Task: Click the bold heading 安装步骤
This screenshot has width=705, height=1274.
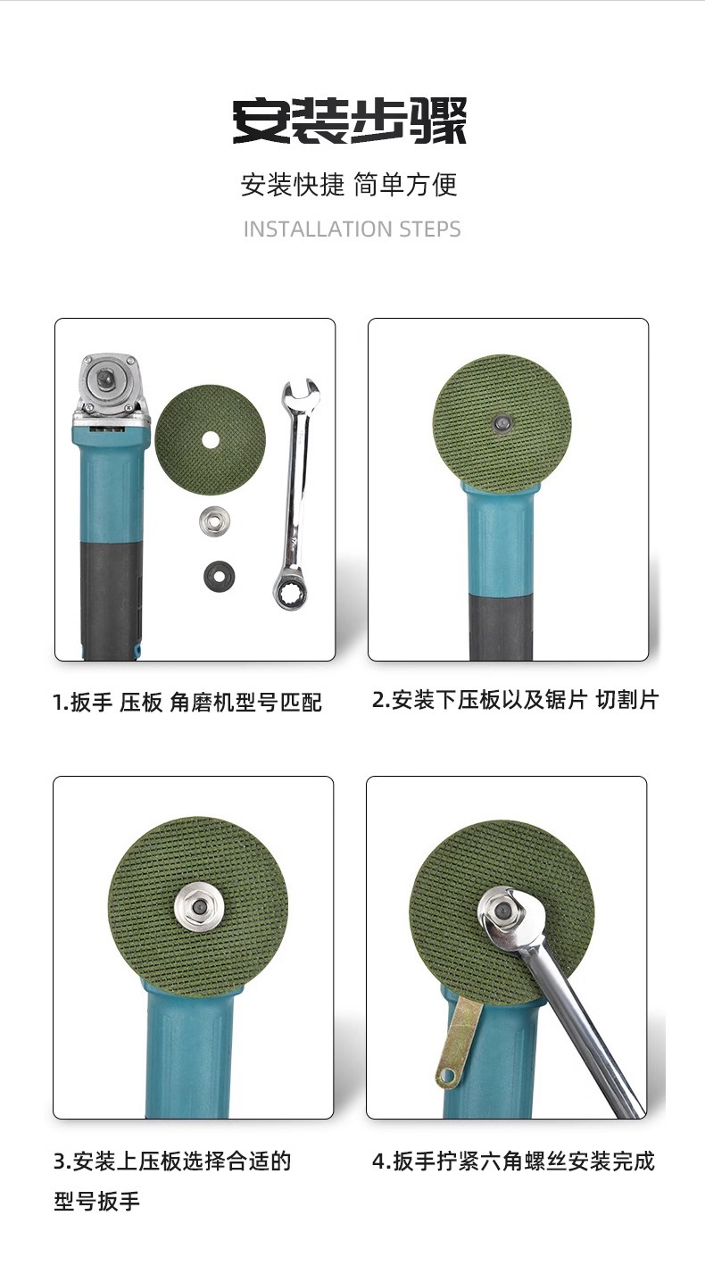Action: point(350,121)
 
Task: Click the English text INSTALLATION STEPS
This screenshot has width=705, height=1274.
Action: point(352,229)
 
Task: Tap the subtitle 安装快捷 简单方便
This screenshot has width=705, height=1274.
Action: point(349,185)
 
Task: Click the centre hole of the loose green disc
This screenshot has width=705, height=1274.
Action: point(210,439)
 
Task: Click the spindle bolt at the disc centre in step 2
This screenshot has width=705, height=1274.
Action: point(502,420)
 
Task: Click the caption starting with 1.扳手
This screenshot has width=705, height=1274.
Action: point(187,703)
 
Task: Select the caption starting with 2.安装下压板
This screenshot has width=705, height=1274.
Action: point(515,700)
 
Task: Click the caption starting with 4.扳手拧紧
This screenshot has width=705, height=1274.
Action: point(513,1162)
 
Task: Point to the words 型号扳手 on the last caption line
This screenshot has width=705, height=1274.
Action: point(97,1202)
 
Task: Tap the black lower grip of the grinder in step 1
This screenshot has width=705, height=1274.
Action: point(109,598)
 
